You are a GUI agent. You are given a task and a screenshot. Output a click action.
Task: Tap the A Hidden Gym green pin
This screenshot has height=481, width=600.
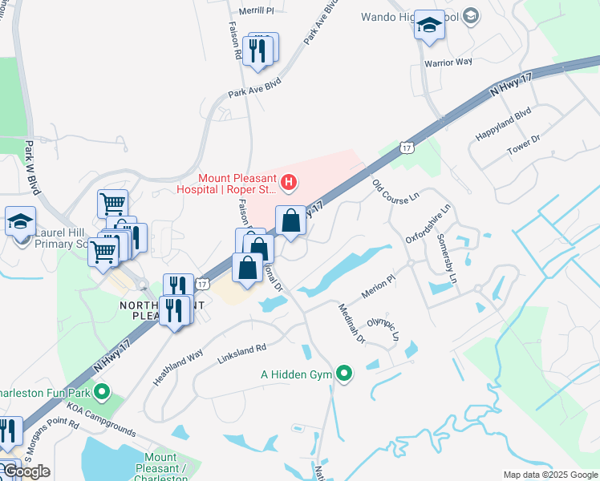(x=345, y=373)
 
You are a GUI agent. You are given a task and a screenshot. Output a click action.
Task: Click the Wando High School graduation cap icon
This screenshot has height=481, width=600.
(x=429, y=26)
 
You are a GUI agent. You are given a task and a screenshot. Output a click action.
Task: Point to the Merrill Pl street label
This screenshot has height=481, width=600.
(x=257, y=11)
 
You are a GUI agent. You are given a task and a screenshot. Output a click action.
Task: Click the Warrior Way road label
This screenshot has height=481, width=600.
(x=448, y=63)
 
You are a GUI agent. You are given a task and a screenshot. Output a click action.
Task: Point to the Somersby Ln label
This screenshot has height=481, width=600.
(x=447, y=258)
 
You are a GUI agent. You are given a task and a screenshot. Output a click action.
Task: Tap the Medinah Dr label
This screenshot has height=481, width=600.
(x=351, y=323)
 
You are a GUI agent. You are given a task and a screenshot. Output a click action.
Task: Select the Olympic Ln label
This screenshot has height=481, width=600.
(x=383, y=331)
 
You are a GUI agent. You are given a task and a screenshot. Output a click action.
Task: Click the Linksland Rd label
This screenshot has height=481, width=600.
(x=241, y=350)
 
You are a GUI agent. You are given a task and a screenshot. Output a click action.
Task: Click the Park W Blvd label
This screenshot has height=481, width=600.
(x=32, y=168)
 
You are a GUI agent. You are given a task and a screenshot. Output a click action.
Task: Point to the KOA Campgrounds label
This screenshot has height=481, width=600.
(x=101, y=418)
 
